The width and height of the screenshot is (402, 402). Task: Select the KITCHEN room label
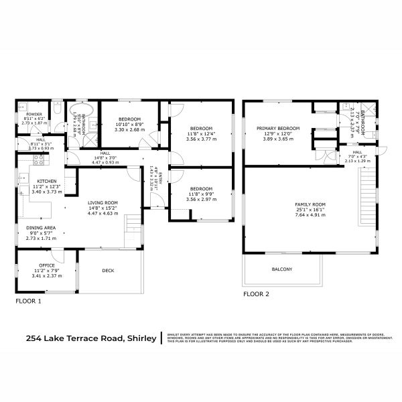pos(46,182)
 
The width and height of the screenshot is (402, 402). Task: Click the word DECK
pos(108,271)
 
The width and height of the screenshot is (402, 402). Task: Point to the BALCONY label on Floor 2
pos(281,269)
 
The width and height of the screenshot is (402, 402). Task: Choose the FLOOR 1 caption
pos(28,301)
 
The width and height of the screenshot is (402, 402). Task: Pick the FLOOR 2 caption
pos(257,293)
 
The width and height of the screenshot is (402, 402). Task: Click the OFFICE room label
pos(46,265)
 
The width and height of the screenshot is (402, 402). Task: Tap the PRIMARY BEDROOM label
pos(278,127)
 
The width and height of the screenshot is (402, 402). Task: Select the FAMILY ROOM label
pos(310,204)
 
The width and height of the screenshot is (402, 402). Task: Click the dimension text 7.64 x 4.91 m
pos(310,216)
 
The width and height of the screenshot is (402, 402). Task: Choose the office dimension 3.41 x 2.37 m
pos(46,275)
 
